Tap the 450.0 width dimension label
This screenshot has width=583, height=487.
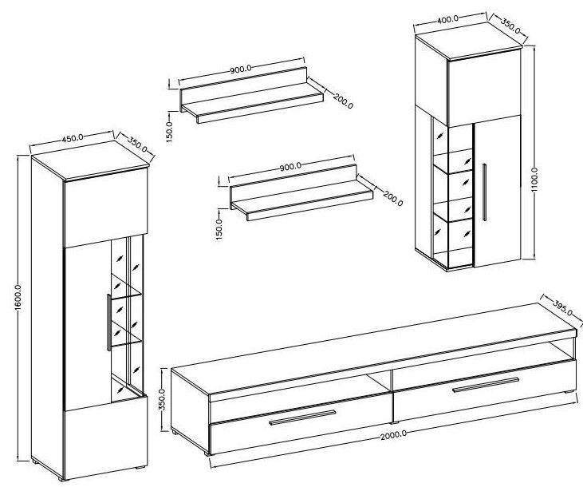[x=72, y=138]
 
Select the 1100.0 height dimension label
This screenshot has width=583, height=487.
[x=534, y=180]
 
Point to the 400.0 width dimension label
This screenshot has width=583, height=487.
[x=447, y=19]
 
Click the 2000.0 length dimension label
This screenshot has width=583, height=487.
[x=393, y=435]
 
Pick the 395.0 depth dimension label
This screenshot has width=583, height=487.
[x=562, y=307]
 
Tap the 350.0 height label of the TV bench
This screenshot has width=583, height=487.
[x=162, y=399]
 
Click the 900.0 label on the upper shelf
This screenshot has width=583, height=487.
[x=241, y=69]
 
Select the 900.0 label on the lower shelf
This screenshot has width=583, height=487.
[x=290, y=166]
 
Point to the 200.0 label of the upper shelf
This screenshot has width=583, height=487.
[x=343, y=101]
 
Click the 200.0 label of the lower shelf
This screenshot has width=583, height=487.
[x=392, y=199]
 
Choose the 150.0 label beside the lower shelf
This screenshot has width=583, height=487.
[x=219, y=229]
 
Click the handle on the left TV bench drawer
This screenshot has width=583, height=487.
[x=302, y=418]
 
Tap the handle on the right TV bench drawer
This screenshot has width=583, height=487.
[x=486, y=385]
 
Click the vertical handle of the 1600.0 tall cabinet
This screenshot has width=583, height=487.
[x=108, y=323]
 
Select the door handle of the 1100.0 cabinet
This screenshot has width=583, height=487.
[x=484, y=192]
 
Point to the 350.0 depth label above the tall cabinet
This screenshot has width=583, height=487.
[x=137, y=145]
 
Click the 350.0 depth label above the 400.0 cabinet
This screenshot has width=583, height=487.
[x=510, y=26]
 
